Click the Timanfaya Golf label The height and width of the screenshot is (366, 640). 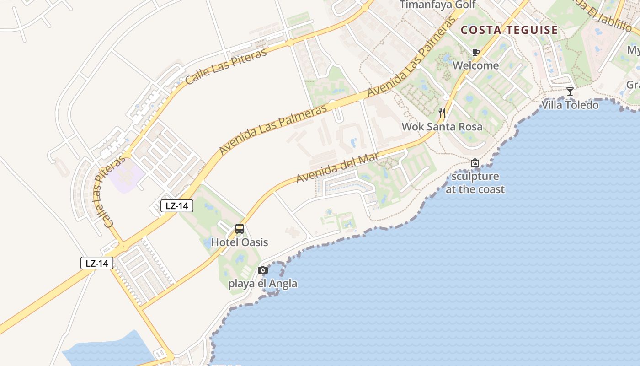click(x=437, y=5)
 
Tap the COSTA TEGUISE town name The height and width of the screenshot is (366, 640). click(x=509, y=31)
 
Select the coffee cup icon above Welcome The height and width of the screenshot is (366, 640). click(x=475, y=52)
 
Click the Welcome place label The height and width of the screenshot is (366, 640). click(x=475, y=65)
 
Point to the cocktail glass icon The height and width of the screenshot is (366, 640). click(x=570, y=91)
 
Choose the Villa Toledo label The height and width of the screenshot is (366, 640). click(x=570, y=105)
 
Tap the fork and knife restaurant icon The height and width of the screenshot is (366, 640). click(x=442, y=113)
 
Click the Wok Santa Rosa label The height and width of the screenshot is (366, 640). click(x=442, y=126)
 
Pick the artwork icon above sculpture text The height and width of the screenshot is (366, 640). click(x=475, y=162)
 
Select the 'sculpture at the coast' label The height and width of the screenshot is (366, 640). click(x=475, y=183)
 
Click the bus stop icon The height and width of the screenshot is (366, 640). click(x=239, y=229)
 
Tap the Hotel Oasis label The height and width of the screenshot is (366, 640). click(x=239, y=242)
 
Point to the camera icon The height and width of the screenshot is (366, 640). click(x=262, y=270)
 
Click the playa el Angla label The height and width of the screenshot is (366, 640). click(x=262, y=284)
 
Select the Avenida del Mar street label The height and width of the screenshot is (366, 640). click(x=337, y=168)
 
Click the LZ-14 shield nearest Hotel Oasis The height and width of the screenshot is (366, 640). click(x=177, y=206)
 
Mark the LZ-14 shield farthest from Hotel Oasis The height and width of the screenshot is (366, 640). click(x=97, y=263)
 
